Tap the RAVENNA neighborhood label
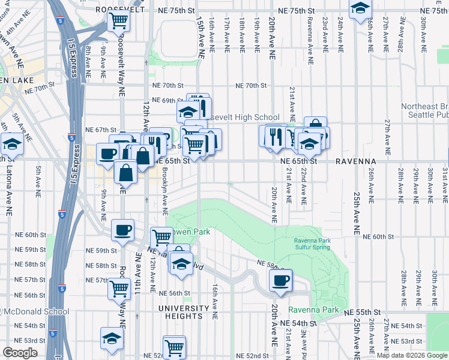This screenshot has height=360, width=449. tap(355, 161)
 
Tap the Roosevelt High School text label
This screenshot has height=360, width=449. tap(244, 118)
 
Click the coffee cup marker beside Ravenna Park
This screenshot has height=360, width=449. tap(280, 280)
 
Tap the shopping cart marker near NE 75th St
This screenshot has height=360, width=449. tap(119, 21)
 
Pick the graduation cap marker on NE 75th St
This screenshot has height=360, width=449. tap(360, 8)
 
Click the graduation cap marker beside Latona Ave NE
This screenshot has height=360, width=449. tap(11, 144)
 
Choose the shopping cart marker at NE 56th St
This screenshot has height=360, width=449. tap(119, 288)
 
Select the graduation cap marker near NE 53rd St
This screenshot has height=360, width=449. tap(112, 338)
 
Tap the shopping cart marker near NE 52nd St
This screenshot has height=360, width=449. tap(174, 346)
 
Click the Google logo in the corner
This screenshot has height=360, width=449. tap(21, 353)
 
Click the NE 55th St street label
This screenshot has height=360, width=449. tap(363, 313)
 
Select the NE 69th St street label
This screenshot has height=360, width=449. tap(167, 100)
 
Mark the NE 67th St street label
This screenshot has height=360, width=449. tap(100, 130)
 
